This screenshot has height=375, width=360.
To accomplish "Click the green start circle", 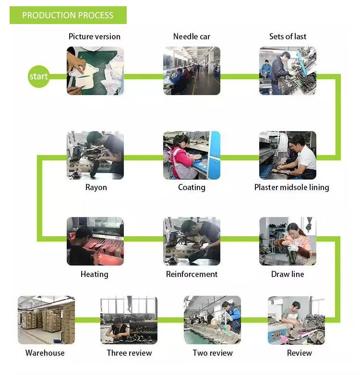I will pyautogui.click(x=38, y=76).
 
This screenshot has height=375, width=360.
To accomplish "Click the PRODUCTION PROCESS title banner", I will pyautogui.click(x=68, y=15).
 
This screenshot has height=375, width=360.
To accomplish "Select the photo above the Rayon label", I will pyautogui.click(x=95, y=155).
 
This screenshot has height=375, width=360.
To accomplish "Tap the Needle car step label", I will pyautogui.click(x=192, y=36).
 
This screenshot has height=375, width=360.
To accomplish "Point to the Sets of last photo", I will pyautogui.click(x=288, y=71).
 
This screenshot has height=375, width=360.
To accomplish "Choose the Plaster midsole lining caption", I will pyautogui.click(x=291, y=187).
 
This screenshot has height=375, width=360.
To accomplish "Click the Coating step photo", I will pyautogui.click(x=192, y=155).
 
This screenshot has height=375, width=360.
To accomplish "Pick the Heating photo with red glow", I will pyautogui.click(x=95, y=241).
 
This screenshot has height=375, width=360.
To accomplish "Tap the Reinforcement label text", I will pyautogui.click(x=192, y=274).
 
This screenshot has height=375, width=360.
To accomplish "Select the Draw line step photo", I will pyautogui.click(x=288, y=241).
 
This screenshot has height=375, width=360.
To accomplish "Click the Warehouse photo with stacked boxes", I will pyautogui.click(x=46, y=319).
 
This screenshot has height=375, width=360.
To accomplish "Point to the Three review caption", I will pyautogui.click(x=129, y=353).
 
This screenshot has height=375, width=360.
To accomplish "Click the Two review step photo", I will pyautogui.click(x=212, y=319).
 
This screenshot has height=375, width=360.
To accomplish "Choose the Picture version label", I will pyautogui.click(x=95, y=36).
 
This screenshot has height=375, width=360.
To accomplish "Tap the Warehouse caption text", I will pyautogui.click(x=45, y=353).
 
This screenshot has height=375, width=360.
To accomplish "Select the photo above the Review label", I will pyautogui.click(x=296, y=320).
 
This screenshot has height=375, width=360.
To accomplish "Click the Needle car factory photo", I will pyautogui.click(x=192, y=71).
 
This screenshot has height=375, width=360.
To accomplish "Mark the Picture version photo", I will pyautogui.click(x=95, y=71).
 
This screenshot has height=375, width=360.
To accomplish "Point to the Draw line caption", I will pyautogui.click(x=288, y=274).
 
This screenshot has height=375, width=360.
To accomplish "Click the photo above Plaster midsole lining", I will pyautogui.click(x=288, y=155).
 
